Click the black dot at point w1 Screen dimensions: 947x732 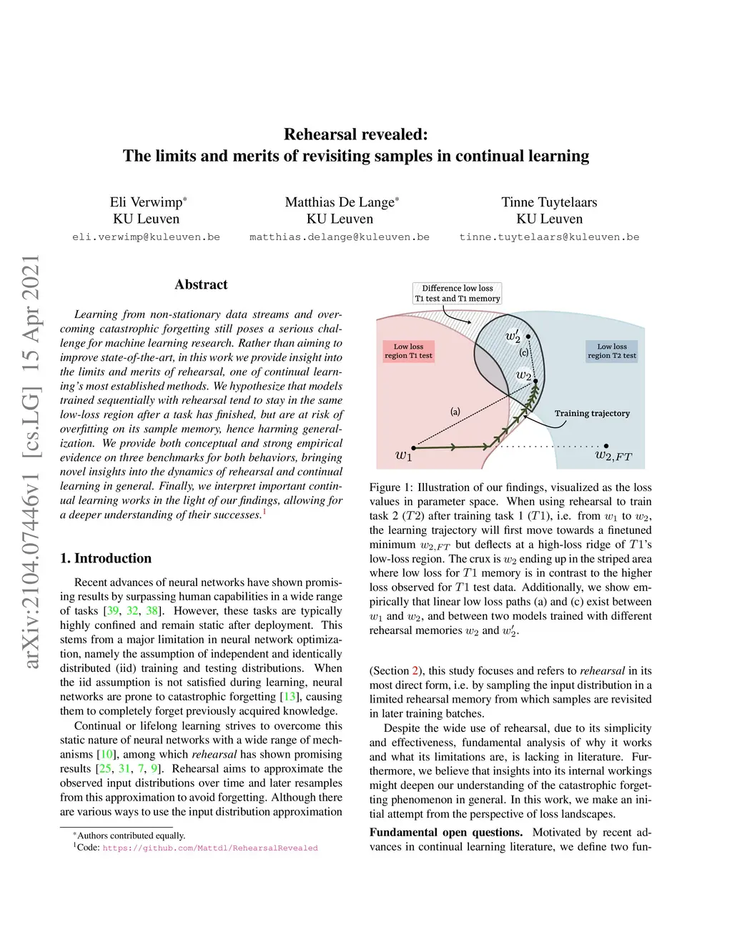(x=412, y=448)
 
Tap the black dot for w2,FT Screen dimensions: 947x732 (x=606, y=446)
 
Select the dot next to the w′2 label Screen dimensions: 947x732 (x=528, y=336)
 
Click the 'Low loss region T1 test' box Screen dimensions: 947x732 (x=408, y=351)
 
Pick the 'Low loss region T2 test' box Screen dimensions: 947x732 (x=612, y=351)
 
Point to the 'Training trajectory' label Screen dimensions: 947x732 (x=592, y=413)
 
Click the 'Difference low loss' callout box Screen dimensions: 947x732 (x=457, y=293)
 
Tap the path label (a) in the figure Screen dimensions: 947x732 (x=455, y=411)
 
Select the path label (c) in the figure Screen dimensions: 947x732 (x=524, y=352)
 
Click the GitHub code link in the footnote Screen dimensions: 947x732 (x=210, y=848)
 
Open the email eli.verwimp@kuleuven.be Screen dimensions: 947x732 (x=146, y=237)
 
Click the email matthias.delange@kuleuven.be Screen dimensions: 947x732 (x=340, y=237)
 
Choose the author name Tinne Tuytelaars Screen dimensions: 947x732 (x=549, y=202)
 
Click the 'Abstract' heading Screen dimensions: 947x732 (x=201, y=284)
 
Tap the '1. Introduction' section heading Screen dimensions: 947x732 (x=106, y=558)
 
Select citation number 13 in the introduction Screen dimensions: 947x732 (x=290, y=697)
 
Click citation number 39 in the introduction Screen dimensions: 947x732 (x=113, y=611)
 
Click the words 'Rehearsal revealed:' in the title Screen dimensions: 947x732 (x=356, y=134)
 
